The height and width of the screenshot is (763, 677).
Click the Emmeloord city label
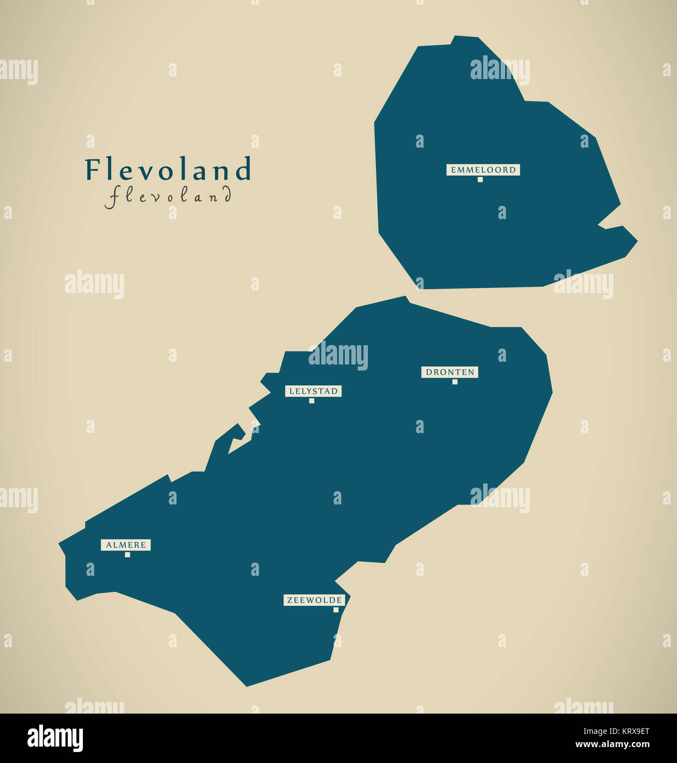coord(483,170)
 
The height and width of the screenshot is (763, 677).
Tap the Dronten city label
coord(450,372)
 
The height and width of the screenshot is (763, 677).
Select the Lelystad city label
coord(313,391)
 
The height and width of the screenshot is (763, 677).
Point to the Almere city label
coord(126,545)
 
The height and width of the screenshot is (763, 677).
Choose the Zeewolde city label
coord(315,601)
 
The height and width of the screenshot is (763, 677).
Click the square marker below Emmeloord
coord(480,179)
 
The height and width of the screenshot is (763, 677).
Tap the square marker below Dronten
coord(455,381)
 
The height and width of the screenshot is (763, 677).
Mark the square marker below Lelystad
coord(311,401)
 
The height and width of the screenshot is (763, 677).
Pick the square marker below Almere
coord(127,554)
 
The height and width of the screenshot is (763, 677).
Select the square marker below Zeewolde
coord(336,610)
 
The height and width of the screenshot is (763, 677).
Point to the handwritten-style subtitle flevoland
coord(169,196)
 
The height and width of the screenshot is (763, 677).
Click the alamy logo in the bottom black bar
coord(55,738)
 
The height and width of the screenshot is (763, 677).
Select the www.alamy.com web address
coord(612,745)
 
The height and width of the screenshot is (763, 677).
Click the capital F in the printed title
coord(92,170)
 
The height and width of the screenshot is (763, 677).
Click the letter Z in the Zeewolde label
coord(290,601)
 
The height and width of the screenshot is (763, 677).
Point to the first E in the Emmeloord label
coord(454,170)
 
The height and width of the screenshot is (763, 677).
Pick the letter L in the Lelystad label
coord(292,391)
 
